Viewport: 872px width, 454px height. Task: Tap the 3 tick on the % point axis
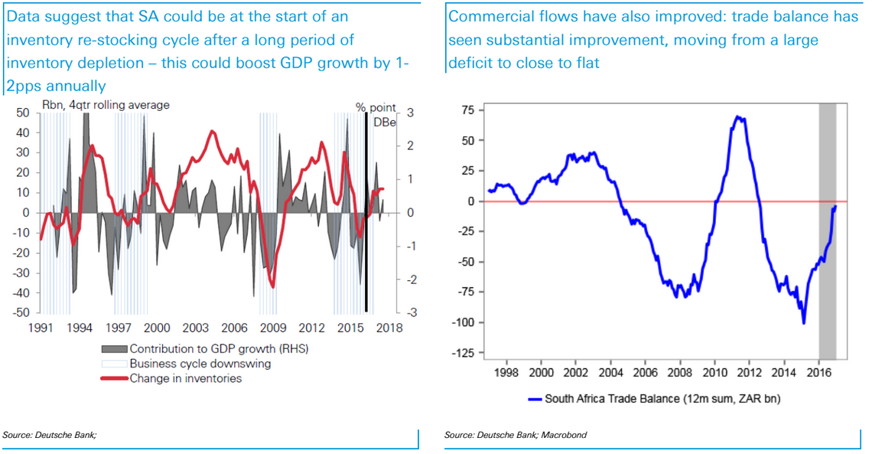coord(410,113)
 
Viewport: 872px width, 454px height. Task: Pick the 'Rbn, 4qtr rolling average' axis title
coord(106,105)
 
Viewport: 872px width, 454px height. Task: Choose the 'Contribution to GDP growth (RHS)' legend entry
coord(206,349)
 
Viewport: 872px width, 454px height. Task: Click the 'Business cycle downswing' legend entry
coord(200,364)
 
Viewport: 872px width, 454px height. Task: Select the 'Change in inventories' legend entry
coord(185,378)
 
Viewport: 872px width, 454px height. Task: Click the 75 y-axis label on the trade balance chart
coord(467,111)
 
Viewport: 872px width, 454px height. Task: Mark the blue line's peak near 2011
coord(737,117)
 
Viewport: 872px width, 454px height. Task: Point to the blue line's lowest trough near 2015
coord(803,322)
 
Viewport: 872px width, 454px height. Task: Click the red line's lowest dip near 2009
coord(272,286)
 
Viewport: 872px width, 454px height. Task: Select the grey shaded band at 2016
coord(827,230)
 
